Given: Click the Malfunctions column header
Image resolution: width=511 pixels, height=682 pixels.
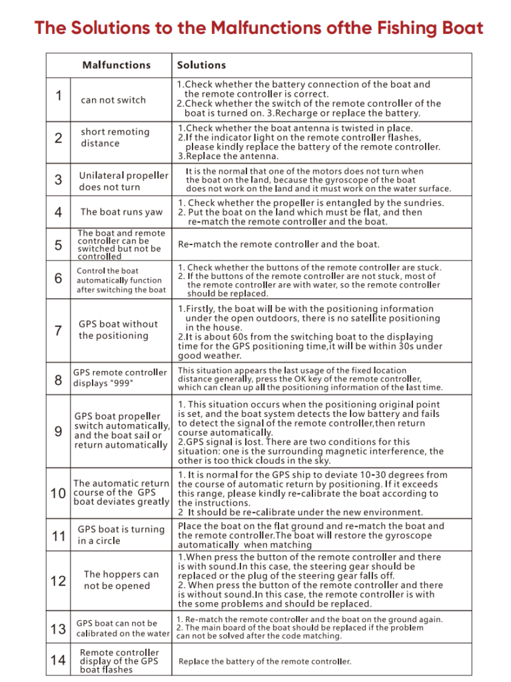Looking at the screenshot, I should (x=116, y=65).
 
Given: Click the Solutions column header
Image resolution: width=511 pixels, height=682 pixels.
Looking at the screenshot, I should (x=201, y=65).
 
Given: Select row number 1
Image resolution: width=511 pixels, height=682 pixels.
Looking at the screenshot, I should (x=59, y=96).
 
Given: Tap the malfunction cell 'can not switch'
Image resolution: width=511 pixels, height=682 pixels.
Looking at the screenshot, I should (x=113, y=101).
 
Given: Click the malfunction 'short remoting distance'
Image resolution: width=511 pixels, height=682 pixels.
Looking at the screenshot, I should (x=115, y=137).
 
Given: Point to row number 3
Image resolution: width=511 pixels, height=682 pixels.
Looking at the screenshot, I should (x=59, y=180).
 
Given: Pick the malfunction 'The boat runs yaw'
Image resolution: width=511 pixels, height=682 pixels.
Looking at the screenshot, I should (x=121, y=212).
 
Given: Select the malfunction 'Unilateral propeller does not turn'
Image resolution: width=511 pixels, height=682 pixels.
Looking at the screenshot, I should (x=123, y=181).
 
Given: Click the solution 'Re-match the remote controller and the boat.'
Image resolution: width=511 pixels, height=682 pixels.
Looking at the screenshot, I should (x=278, y=244).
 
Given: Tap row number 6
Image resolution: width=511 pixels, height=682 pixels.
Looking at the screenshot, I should (x=59, y=279).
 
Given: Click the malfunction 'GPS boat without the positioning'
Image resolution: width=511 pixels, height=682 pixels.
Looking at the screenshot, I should (x=118, y=330).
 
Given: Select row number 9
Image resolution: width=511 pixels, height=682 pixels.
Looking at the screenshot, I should (x=59, y=431).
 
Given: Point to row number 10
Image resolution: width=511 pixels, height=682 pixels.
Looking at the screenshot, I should (x=58, y=494).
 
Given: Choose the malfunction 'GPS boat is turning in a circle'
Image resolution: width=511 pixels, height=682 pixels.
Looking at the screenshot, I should (x=121, y=535).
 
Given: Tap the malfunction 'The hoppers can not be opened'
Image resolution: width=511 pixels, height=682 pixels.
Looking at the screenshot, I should (x=121, y=580).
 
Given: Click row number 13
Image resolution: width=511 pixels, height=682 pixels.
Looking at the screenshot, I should (x=58, y=629).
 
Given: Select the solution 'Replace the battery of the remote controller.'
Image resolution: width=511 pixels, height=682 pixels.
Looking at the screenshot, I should (x=264, y=661).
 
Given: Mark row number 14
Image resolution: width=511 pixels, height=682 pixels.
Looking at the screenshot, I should (x=58, y=661).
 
